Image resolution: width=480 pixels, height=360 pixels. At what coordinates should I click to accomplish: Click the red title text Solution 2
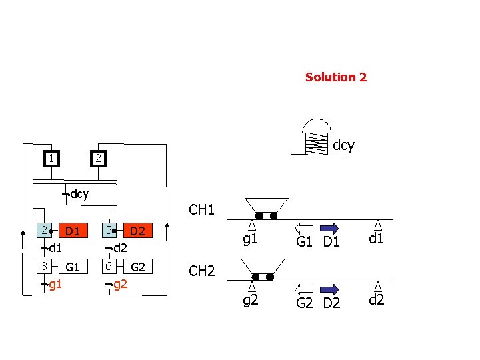pyautogui.click(x=335, y=77)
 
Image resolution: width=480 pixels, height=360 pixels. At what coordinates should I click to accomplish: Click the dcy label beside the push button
pyautogui.click(x=343, y=145)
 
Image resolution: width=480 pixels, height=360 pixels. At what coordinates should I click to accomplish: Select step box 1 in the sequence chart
pyautogui.click(x=50, y=158)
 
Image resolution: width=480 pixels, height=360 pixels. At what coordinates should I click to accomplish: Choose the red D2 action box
pyautogui.click(x=137, y=231)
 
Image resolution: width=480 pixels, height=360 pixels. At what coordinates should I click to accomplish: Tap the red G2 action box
pyautogui.click(x=137, y=267)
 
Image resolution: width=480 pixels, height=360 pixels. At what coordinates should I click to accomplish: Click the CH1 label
pyautogui.click(x=201, y=210)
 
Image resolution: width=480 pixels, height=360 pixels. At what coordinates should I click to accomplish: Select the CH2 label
pyautogui.click(x=201, y=271)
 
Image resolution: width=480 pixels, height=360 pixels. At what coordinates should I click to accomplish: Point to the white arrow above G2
pyautogui.click(x=305, y=289)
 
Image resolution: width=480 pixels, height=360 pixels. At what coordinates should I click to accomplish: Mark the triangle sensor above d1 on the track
pyautogui.click(x=378, y=225)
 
